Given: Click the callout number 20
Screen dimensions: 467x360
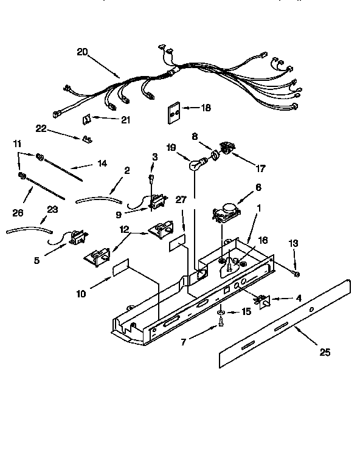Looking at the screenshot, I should (x=82, y=53).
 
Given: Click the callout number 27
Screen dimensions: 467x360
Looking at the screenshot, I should (x=181, y=199).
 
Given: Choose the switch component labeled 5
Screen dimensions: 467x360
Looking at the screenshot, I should (x=75, y=238).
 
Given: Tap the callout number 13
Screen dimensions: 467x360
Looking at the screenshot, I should (x=294, y=244).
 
